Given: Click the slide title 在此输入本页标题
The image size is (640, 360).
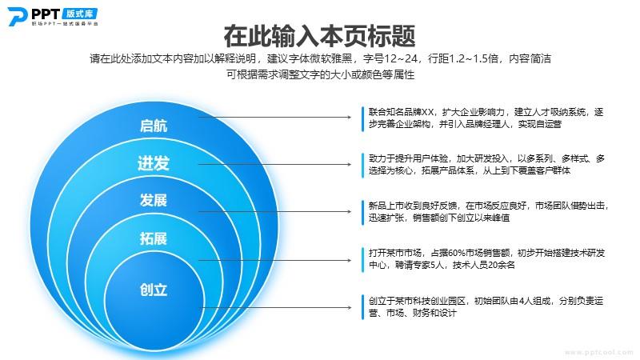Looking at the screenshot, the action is (x=319, y=36).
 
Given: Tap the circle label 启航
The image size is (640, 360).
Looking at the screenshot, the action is (x=154, y=126).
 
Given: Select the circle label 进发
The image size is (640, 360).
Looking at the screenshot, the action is (x=154, y=163).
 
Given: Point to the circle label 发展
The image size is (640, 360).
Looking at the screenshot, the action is (x=154, y=201).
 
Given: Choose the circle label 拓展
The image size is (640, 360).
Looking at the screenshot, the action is (x=154, y=238).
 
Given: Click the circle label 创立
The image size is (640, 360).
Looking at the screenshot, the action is (x=154, y=290).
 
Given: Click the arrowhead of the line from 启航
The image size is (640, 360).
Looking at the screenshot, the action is (x=350, y=117).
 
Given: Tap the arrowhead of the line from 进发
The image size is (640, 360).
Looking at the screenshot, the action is (x=350, y=165).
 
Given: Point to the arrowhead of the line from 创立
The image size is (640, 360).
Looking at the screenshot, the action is (x=350, y=307).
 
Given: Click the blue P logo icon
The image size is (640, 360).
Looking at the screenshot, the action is (x=17, y=16).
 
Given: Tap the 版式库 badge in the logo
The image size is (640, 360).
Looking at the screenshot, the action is (x=80, y=14).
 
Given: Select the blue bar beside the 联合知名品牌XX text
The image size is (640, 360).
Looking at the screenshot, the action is (x=362, y=118).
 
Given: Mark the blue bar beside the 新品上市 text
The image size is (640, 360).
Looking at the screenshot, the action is (x=362, y=212).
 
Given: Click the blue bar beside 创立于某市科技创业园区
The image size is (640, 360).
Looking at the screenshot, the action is (x=362, y=307).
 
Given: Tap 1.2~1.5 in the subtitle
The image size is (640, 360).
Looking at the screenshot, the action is (x=469, y=58).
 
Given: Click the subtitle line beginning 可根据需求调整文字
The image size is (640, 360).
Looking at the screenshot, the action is (x=321, y=74).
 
